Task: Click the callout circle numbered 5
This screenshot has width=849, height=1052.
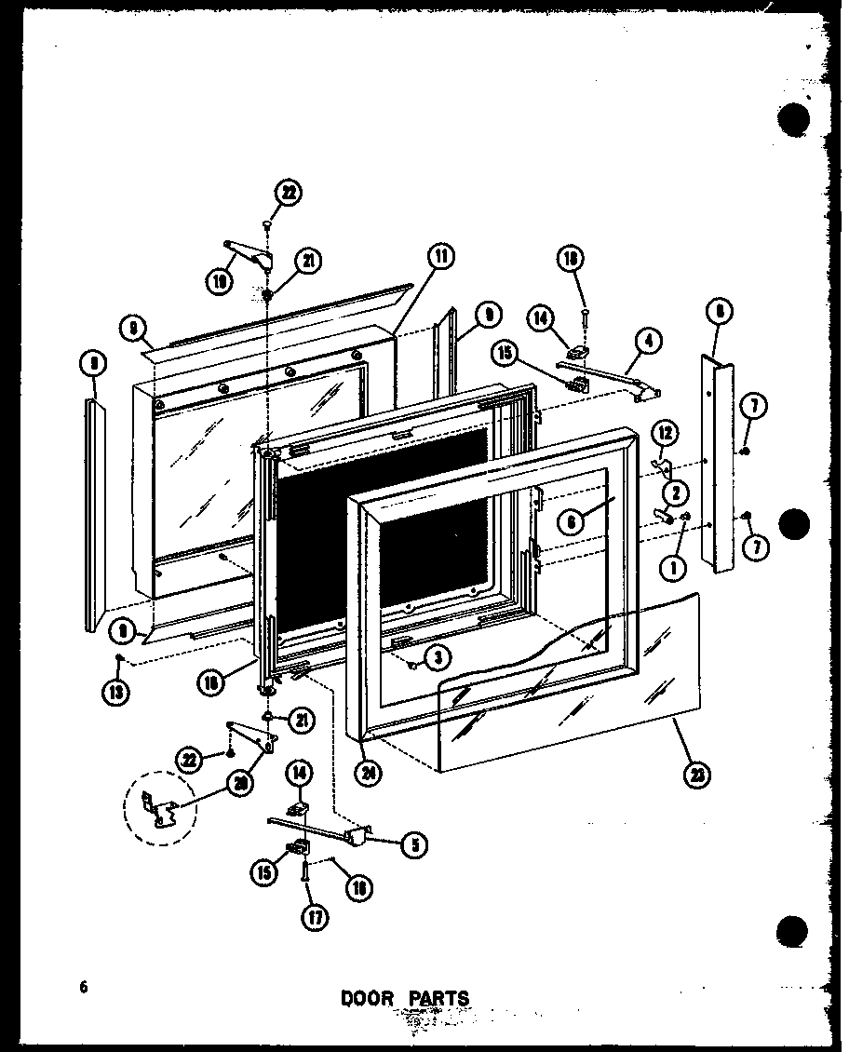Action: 414,844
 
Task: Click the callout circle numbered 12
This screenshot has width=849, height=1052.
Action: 664,432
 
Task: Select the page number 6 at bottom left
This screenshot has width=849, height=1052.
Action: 84,988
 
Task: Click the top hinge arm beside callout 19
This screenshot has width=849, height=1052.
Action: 249,252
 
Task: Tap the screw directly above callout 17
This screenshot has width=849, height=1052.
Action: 306,874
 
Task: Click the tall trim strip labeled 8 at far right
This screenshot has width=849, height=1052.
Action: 720,465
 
